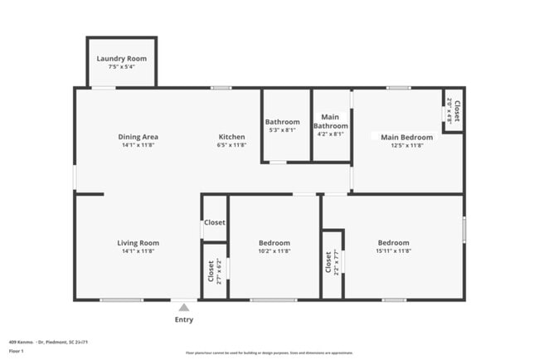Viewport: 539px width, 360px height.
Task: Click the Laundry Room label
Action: (x=121, y=58)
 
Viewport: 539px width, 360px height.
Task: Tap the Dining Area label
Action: (x=138, y=137)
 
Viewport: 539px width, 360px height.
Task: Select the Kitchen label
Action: (x=231, y=137)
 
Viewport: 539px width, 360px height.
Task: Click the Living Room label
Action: (x=138, y=243)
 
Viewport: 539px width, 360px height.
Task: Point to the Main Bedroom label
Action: (x=406, y=137)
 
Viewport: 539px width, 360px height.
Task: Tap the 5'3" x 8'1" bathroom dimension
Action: (x=282, y=130)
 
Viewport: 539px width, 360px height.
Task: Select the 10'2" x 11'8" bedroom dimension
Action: (x=274, y=251)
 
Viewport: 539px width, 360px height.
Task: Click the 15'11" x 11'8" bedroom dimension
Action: (x=393, y=251)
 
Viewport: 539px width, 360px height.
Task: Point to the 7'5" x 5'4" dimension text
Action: (x=121, y=67)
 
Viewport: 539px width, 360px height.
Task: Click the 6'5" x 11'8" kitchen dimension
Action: (x=231, y=145)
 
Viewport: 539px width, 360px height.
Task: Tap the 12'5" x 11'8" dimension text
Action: (x=406, y=145)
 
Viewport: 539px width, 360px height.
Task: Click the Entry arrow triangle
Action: (x=183, y=308)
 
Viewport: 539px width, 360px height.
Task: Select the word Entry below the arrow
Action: (x=183, y=319)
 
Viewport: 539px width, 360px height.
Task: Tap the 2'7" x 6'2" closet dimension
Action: (x=218, y=270)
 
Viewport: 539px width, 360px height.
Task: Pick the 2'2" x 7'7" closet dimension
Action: (x=337, y=262)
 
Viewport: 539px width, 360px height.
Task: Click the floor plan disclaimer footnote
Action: (x=269, y=353)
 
